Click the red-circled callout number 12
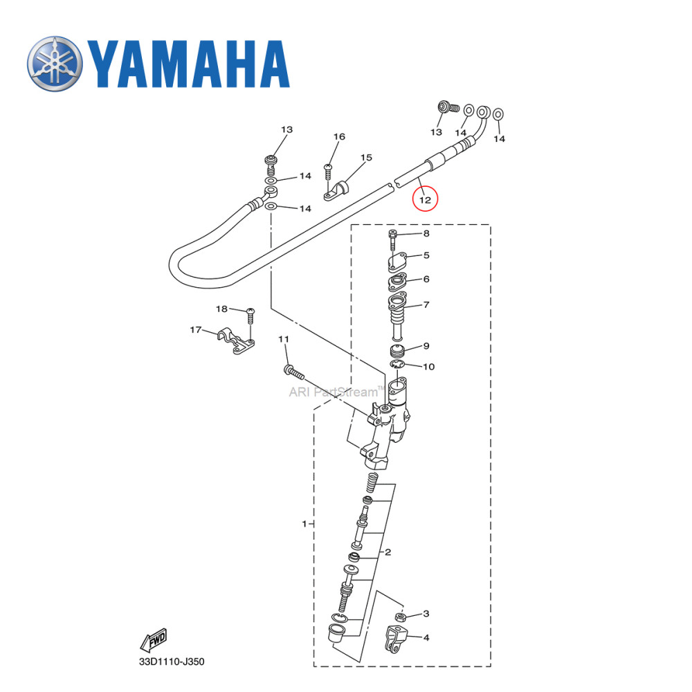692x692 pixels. point(426,200)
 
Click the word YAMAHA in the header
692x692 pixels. point(188,64)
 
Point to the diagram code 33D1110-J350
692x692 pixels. point(171,662)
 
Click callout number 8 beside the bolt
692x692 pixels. point(426,233)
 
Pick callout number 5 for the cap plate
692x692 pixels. point(426,255)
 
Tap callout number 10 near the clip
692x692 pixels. point(428,366)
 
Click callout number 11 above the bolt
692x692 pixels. point(283,339)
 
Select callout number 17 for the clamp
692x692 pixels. point(196,330)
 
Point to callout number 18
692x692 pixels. point(221,309)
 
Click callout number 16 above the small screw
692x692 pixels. point(339,137)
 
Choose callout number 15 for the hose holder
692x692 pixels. point(366,158)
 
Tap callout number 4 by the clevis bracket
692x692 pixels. point(426,637)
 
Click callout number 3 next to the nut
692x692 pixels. point(426,613)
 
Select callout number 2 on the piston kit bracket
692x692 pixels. point(388,552)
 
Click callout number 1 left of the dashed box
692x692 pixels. point(304,524)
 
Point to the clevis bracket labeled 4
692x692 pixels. point(395,640)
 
